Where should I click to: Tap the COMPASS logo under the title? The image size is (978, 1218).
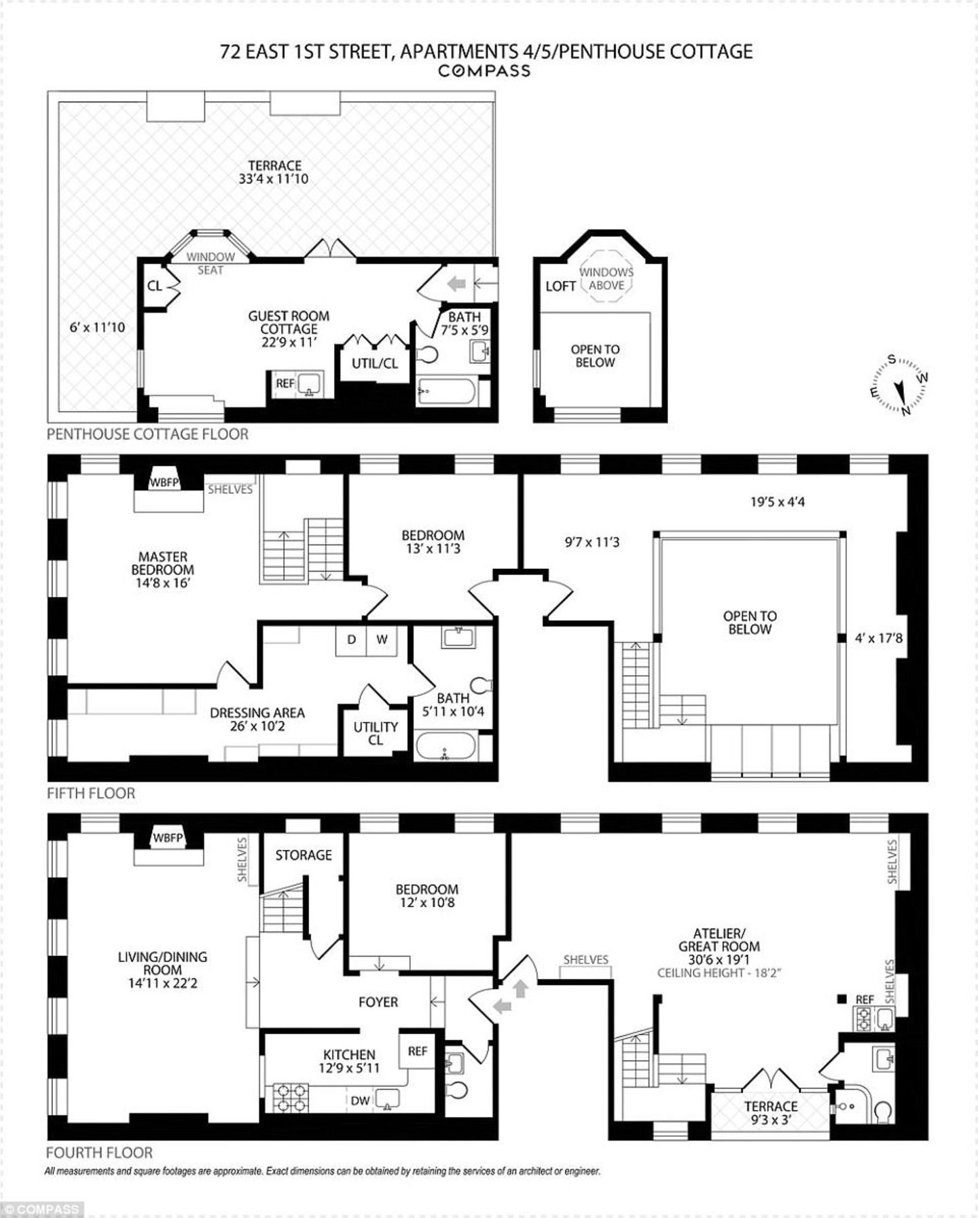(484, 70)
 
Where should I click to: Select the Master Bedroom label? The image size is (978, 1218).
(162, 570)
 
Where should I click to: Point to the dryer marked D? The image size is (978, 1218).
(351, 640)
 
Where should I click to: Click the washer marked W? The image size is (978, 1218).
(382, 640)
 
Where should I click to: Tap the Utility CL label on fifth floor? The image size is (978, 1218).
(376, 733)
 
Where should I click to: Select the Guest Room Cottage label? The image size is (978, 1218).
(289, 329)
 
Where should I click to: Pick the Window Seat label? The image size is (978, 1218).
(211, 263)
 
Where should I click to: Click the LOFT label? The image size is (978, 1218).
(560, 286)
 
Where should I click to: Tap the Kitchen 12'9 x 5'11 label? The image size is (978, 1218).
(349, 1060)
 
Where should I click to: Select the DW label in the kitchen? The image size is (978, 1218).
(361, 1101)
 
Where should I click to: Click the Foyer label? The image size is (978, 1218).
(378, 1002)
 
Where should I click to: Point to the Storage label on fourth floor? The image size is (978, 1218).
(304, 855)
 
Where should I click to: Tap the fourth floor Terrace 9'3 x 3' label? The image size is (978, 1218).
(770, 1113)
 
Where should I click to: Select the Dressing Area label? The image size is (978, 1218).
(257, 719)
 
